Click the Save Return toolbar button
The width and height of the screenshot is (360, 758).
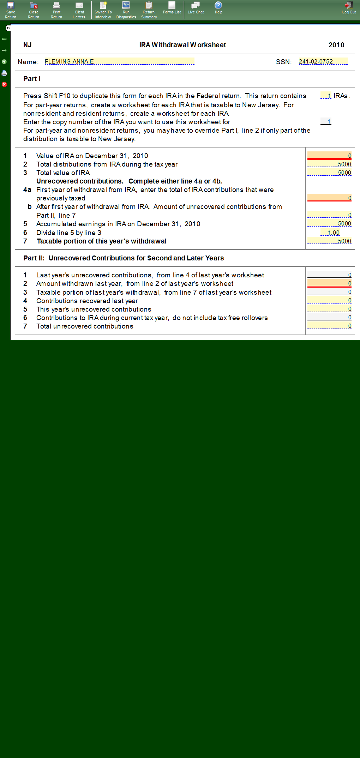[x=11, y=10]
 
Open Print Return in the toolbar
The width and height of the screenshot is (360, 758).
[x=56, y=10]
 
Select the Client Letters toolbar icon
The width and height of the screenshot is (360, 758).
[x=79, y=10]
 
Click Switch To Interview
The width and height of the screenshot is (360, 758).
[x=103, y=10]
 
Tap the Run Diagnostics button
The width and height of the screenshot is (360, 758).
[x=126, y=10]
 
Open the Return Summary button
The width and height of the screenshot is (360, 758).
[x=149, y=10]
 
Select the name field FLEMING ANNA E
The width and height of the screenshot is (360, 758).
[x=119, y=61]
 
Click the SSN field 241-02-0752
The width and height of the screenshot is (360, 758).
[x=323, y=61]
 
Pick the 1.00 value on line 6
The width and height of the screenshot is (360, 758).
[x=330, y=233]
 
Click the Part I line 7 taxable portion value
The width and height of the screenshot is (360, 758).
[x=329, y=241]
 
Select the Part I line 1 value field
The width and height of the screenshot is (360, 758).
[x=329, y=156]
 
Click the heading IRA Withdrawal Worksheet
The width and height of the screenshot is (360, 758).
[x=182, y=45]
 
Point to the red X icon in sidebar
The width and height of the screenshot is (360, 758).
[x=4, y=84]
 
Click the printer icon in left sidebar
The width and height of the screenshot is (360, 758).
[x=4, y=73]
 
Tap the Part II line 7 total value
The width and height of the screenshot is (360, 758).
[x=329, y=326]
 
